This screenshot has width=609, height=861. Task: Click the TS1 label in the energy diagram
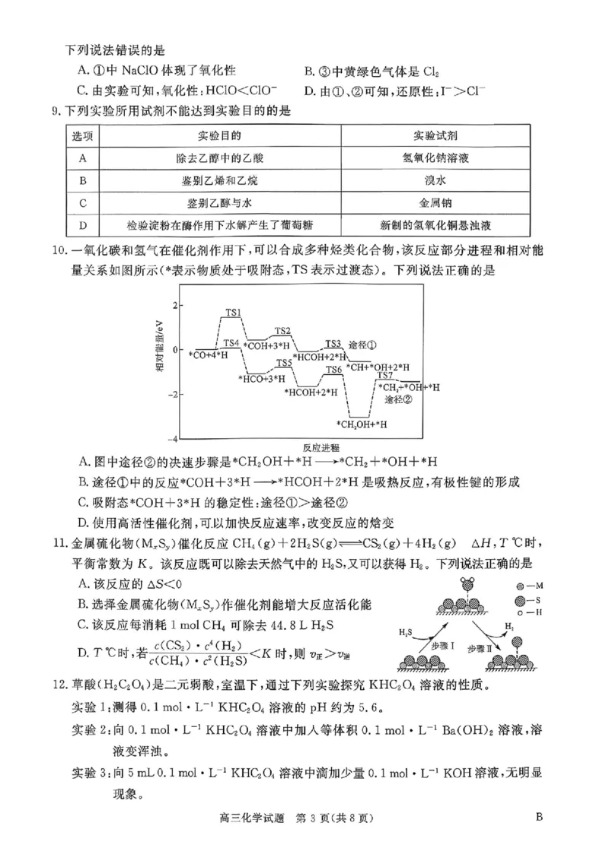(233, 313)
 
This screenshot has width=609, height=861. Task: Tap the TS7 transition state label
(384, 376)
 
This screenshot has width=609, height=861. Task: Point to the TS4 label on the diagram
(231, 344)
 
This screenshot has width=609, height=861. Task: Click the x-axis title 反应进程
(320, 447)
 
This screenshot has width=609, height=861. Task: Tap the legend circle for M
(520, 587)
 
